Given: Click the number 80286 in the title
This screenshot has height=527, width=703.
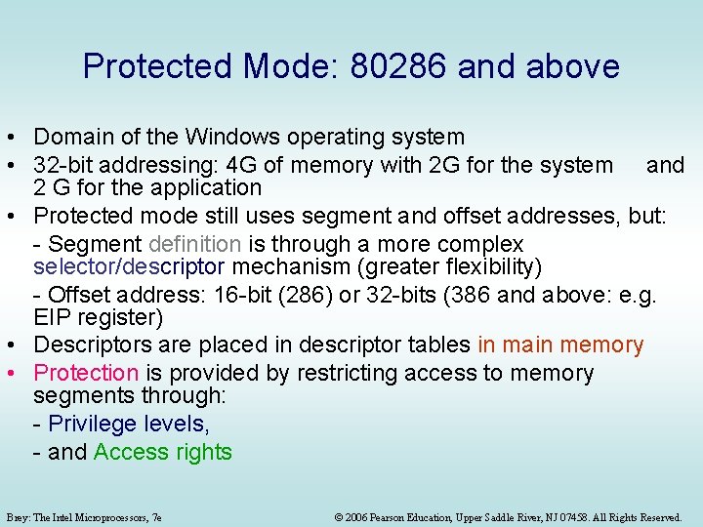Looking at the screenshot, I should click(396, 66).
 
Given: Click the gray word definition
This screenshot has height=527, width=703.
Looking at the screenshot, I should click(194, 244).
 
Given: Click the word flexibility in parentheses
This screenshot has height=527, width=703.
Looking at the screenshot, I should click(483, 266).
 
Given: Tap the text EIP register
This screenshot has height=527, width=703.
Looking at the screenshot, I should click(98, 317).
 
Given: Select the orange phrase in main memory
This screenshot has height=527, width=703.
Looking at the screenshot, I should click(560, 345).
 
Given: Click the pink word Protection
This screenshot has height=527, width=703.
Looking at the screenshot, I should click(86, 373).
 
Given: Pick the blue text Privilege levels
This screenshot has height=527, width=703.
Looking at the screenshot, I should click(128, 424).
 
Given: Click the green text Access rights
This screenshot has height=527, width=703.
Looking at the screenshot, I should click(163, 452).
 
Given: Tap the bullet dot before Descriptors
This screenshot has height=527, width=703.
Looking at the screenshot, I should click(20, 345).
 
